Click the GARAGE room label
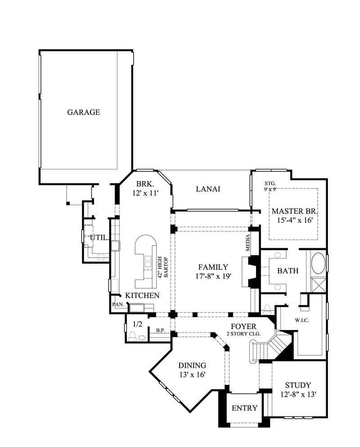click(x=83, y=112)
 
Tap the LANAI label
click(x=208, y=189)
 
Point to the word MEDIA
click(x=248, y=243)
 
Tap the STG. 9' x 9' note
click(x=270, y=186)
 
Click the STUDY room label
click(x=298, y=385)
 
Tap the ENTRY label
click(x=244, y=408)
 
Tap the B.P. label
click(x=160, y=331)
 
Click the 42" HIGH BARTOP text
click(x=162, y=267)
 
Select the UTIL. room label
click(x=99, y=237)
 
